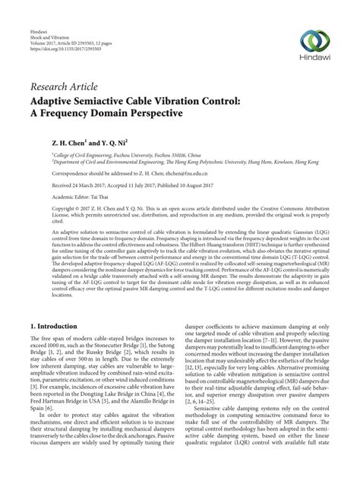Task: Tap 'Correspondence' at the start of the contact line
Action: (51, 172)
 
